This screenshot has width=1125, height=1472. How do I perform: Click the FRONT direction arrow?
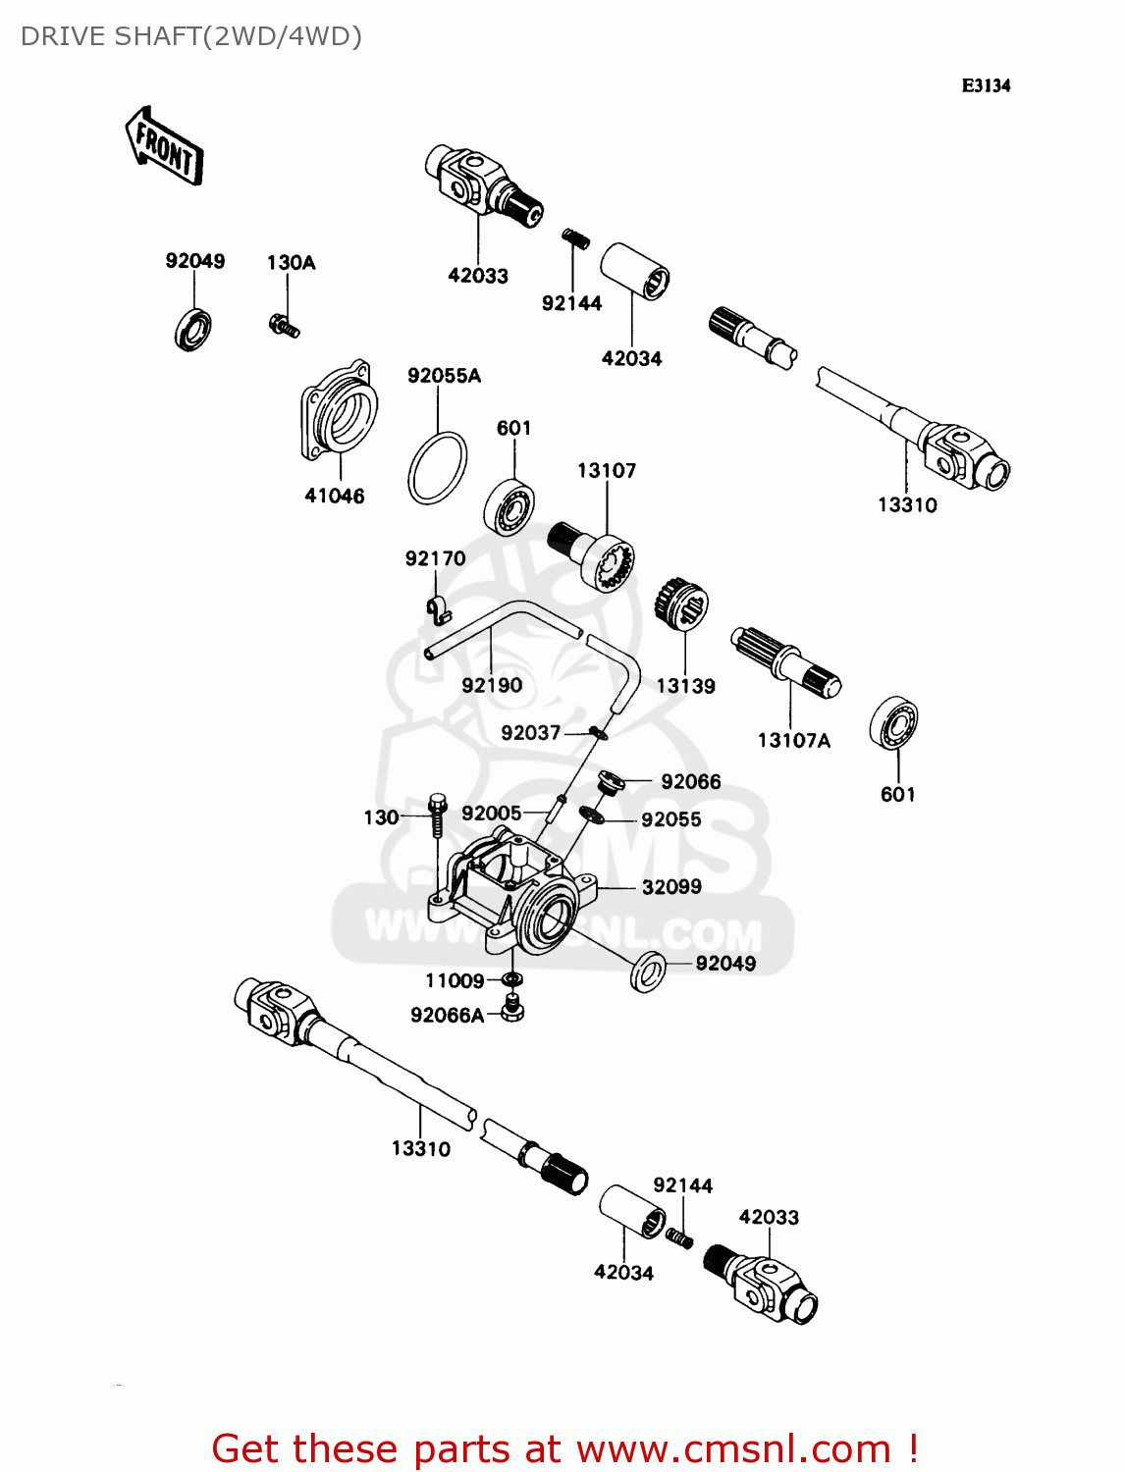tap(164, 148)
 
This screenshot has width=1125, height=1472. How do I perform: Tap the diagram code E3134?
tap(986, 85)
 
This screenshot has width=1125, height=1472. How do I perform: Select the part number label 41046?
tap(334, 497)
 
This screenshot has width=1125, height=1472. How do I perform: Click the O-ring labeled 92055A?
tap(437, 468)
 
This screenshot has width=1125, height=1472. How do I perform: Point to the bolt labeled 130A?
tap(283, 325)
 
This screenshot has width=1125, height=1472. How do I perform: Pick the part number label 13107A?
tap(793, 741)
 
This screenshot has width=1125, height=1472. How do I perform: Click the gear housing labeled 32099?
tap(520, 888)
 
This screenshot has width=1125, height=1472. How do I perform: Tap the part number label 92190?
tap(492, 686)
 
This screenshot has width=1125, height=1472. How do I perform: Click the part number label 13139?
tap(685, 687)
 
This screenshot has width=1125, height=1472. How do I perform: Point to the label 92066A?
tap(447, 1016)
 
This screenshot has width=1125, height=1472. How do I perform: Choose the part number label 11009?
tap(454, 981)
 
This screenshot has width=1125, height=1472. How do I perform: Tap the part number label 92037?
tap(530, 733)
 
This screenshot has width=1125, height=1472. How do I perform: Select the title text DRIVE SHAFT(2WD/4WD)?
tap(191, 36)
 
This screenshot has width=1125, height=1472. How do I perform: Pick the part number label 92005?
tap(491, 814)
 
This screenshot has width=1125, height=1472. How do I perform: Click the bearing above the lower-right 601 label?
tap(893, 723)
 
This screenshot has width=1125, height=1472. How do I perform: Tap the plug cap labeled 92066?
tap(611, 782)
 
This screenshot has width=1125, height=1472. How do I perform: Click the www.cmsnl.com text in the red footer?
tap(732, 1449)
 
